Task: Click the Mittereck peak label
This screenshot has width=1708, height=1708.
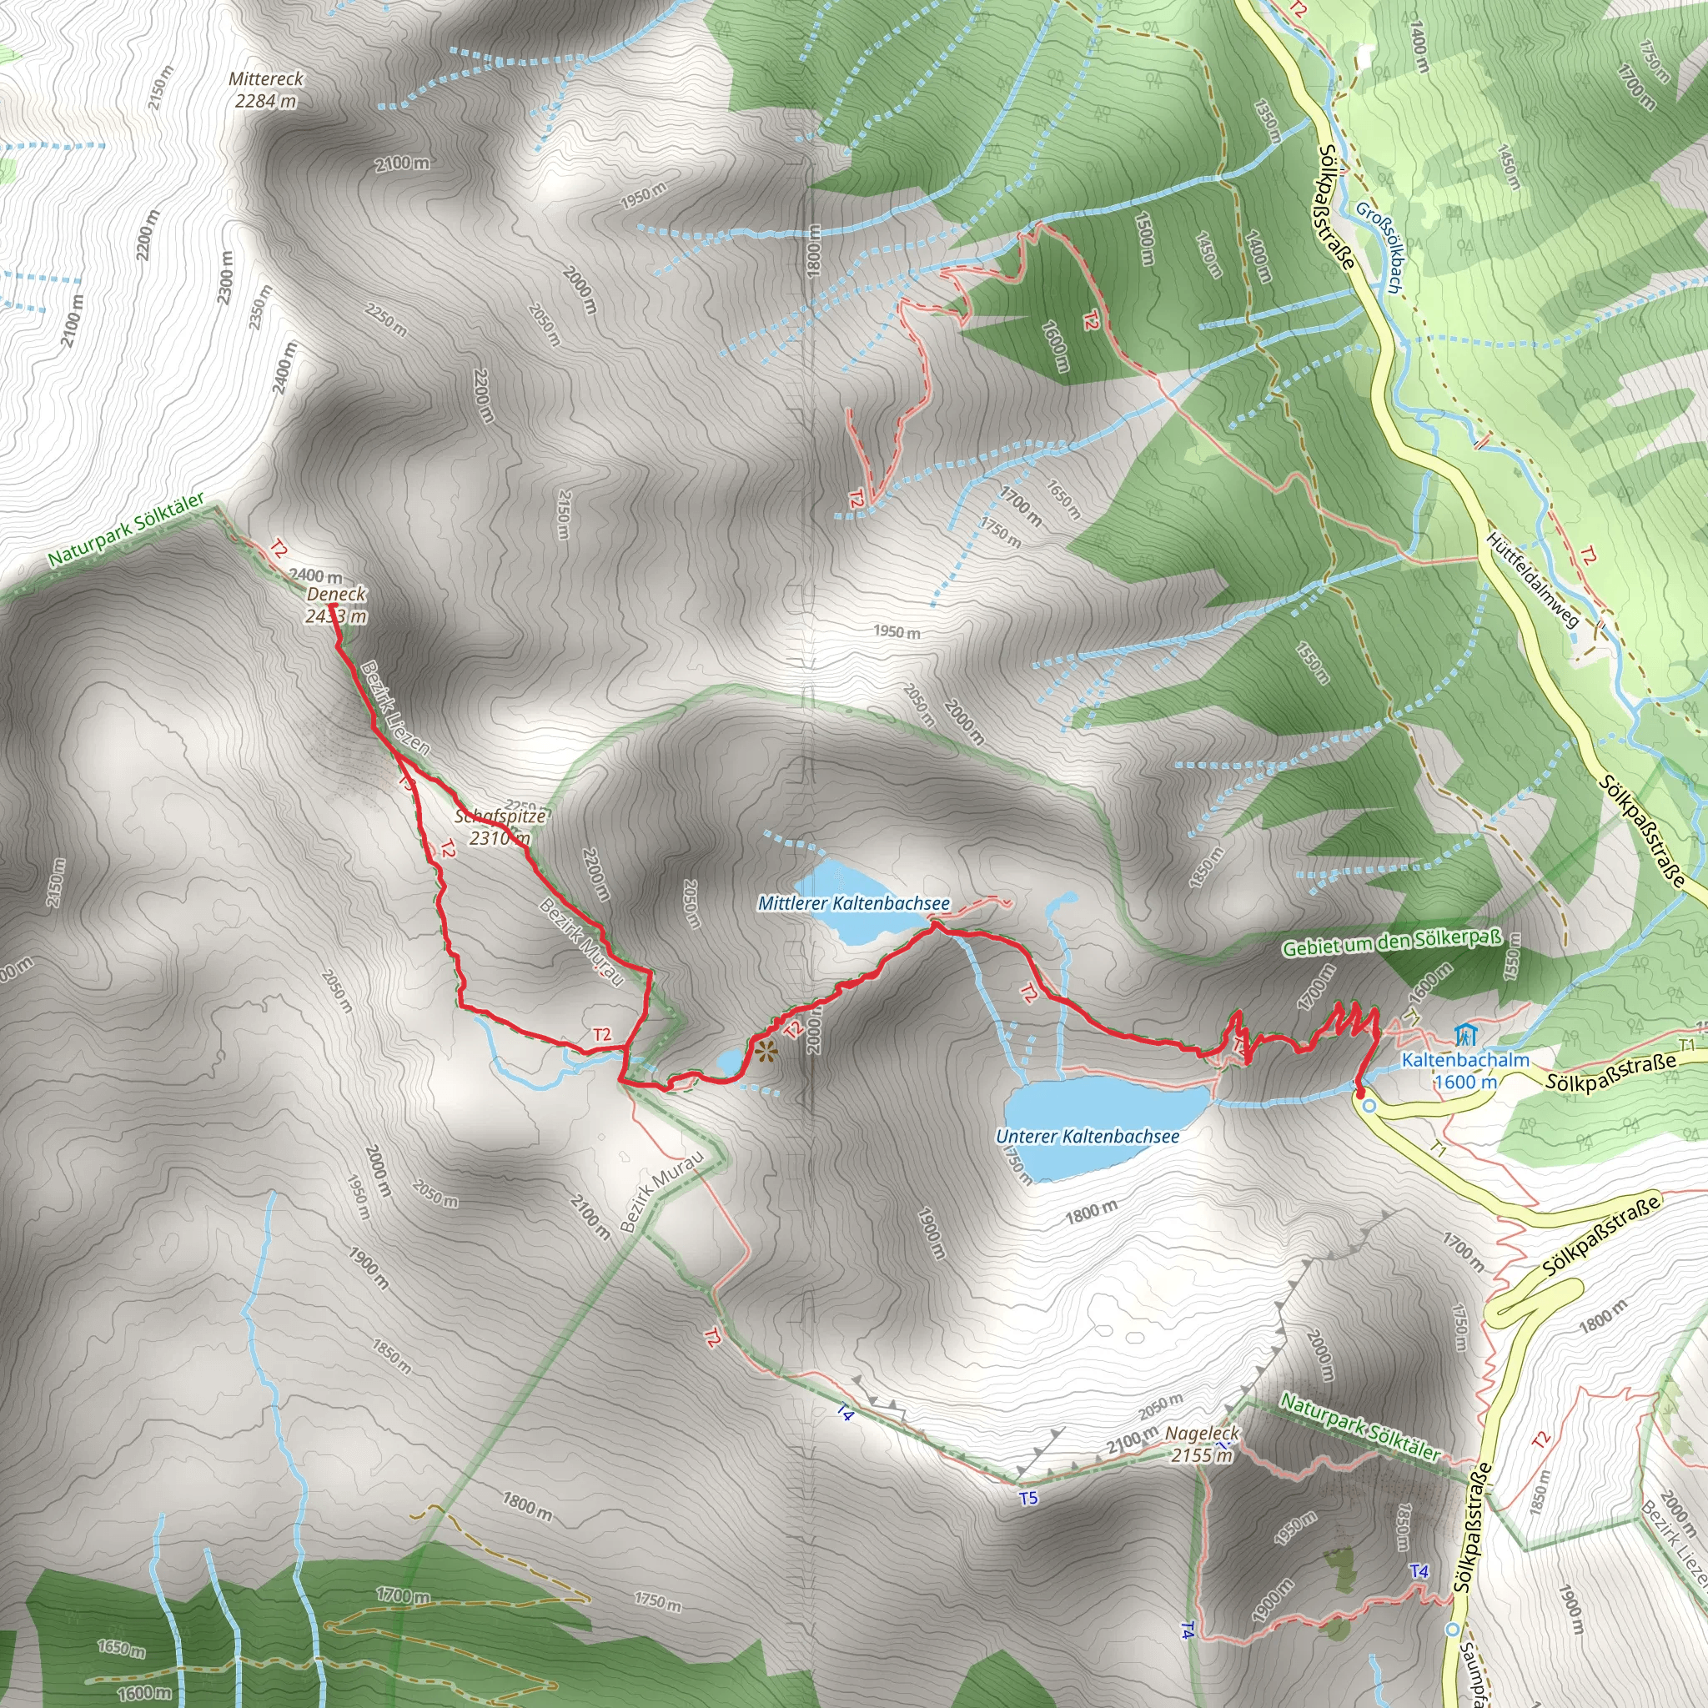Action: (265, 78)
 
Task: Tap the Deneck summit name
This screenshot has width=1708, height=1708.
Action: (336, 594)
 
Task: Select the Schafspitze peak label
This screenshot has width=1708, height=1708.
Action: (500, 816)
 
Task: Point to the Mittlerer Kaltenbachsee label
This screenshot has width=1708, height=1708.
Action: (854, 903)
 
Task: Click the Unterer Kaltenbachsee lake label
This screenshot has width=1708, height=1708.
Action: (1088, 1136)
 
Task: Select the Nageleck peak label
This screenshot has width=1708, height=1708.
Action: (1203, 1433)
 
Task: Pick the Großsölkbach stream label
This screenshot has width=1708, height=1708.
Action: (1379, 248)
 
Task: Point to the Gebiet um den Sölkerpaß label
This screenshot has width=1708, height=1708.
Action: (1392, 943)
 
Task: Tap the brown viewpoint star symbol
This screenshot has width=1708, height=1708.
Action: (765, 1052)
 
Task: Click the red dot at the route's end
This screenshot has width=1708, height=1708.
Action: (1360, 1093)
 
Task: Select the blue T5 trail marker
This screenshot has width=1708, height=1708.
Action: (1028, 1498)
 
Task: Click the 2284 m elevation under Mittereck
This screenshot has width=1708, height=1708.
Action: (265, 101)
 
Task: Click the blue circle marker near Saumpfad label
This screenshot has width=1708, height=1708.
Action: (1452, 1629)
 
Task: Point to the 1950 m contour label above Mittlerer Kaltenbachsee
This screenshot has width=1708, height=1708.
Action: (897, 631)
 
